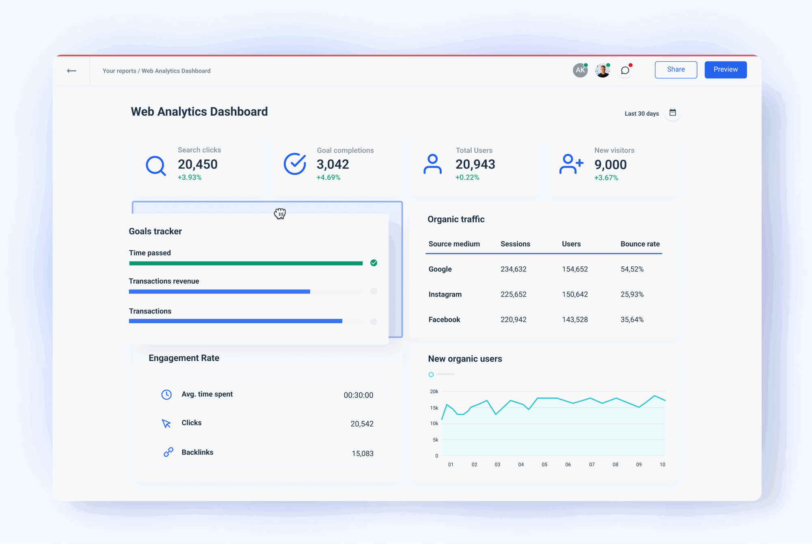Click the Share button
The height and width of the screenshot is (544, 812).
[676, 70]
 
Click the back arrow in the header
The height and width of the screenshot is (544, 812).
[71, 71]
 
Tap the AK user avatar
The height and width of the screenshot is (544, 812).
[580, 70]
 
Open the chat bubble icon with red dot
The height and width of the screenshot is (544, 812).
[625, 71]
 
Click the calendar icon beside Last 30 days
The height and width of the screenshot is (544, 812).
[673, 113]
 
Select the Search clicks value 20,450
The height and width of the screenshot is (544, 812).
[198, 164]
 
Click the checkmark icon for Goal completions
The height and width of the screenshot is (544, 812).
[295, 164]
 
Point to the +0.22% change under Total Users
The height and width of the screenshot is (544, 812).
[467, 177]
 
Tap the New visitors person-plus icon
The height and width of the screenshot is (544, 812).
[571, 164]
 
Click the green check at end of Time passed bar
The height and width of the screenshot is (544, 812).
[374, 263]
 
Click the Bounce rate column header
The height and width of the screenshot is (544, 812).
[640, 244]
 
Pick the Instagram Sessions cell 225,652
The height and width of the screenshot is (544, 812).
[513, 294]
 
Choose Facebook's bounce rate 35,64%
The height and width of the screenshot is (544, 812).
[632, 319]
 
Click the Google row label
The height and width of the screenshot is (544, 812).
[440, 269]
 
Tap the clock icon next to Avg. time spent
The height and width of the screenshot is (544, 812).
[166, 395]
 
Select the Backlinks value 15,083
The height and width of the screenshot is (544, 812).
[363, 453]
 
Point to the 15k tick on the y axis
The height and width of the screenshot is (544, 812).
[434, 408]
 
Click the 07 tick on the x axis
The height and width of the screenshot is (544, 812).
[592, 464]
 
